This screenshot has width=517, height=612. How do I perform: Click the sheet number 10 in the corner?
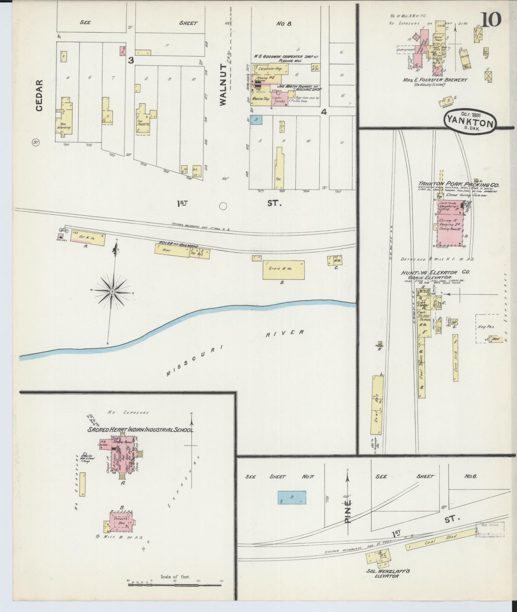(x=491, y=20)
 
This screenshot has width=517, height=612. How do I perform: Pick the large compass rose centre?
(x=113, y=291)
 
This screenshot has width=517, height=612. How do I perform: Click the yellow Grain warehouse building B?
(x=283, y=270)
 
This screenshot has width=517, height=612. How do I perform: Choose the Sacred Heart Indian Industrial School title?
(x=140, y=430)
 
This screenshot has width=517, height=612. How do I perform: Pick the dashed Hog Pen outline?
(x=487, y=329)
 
